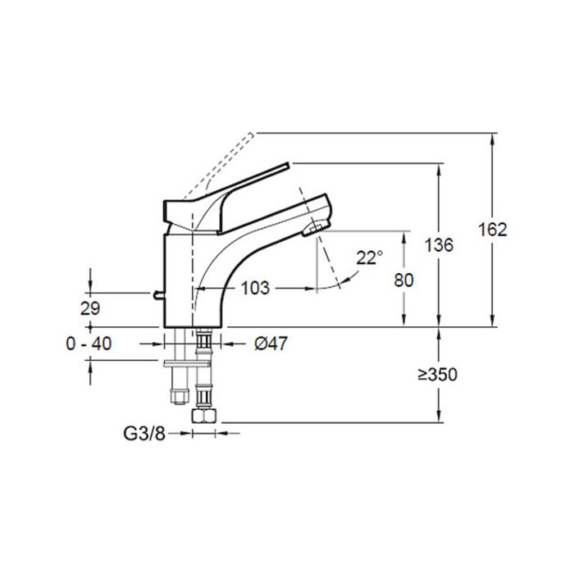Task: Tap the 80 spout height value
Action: [x=403, y=279]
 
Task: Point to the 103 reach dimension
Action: [x=256, y=288]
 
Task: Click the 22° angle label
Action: [x=369, y=257]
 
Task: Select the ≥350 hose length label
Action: [x=436, y=375]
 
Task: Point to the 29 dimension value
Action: [x=90, y=308]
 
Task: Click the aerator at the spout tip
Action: [x=314, y=230]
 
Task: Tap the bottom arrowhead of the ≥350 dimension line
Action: [x=440, y=417]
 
